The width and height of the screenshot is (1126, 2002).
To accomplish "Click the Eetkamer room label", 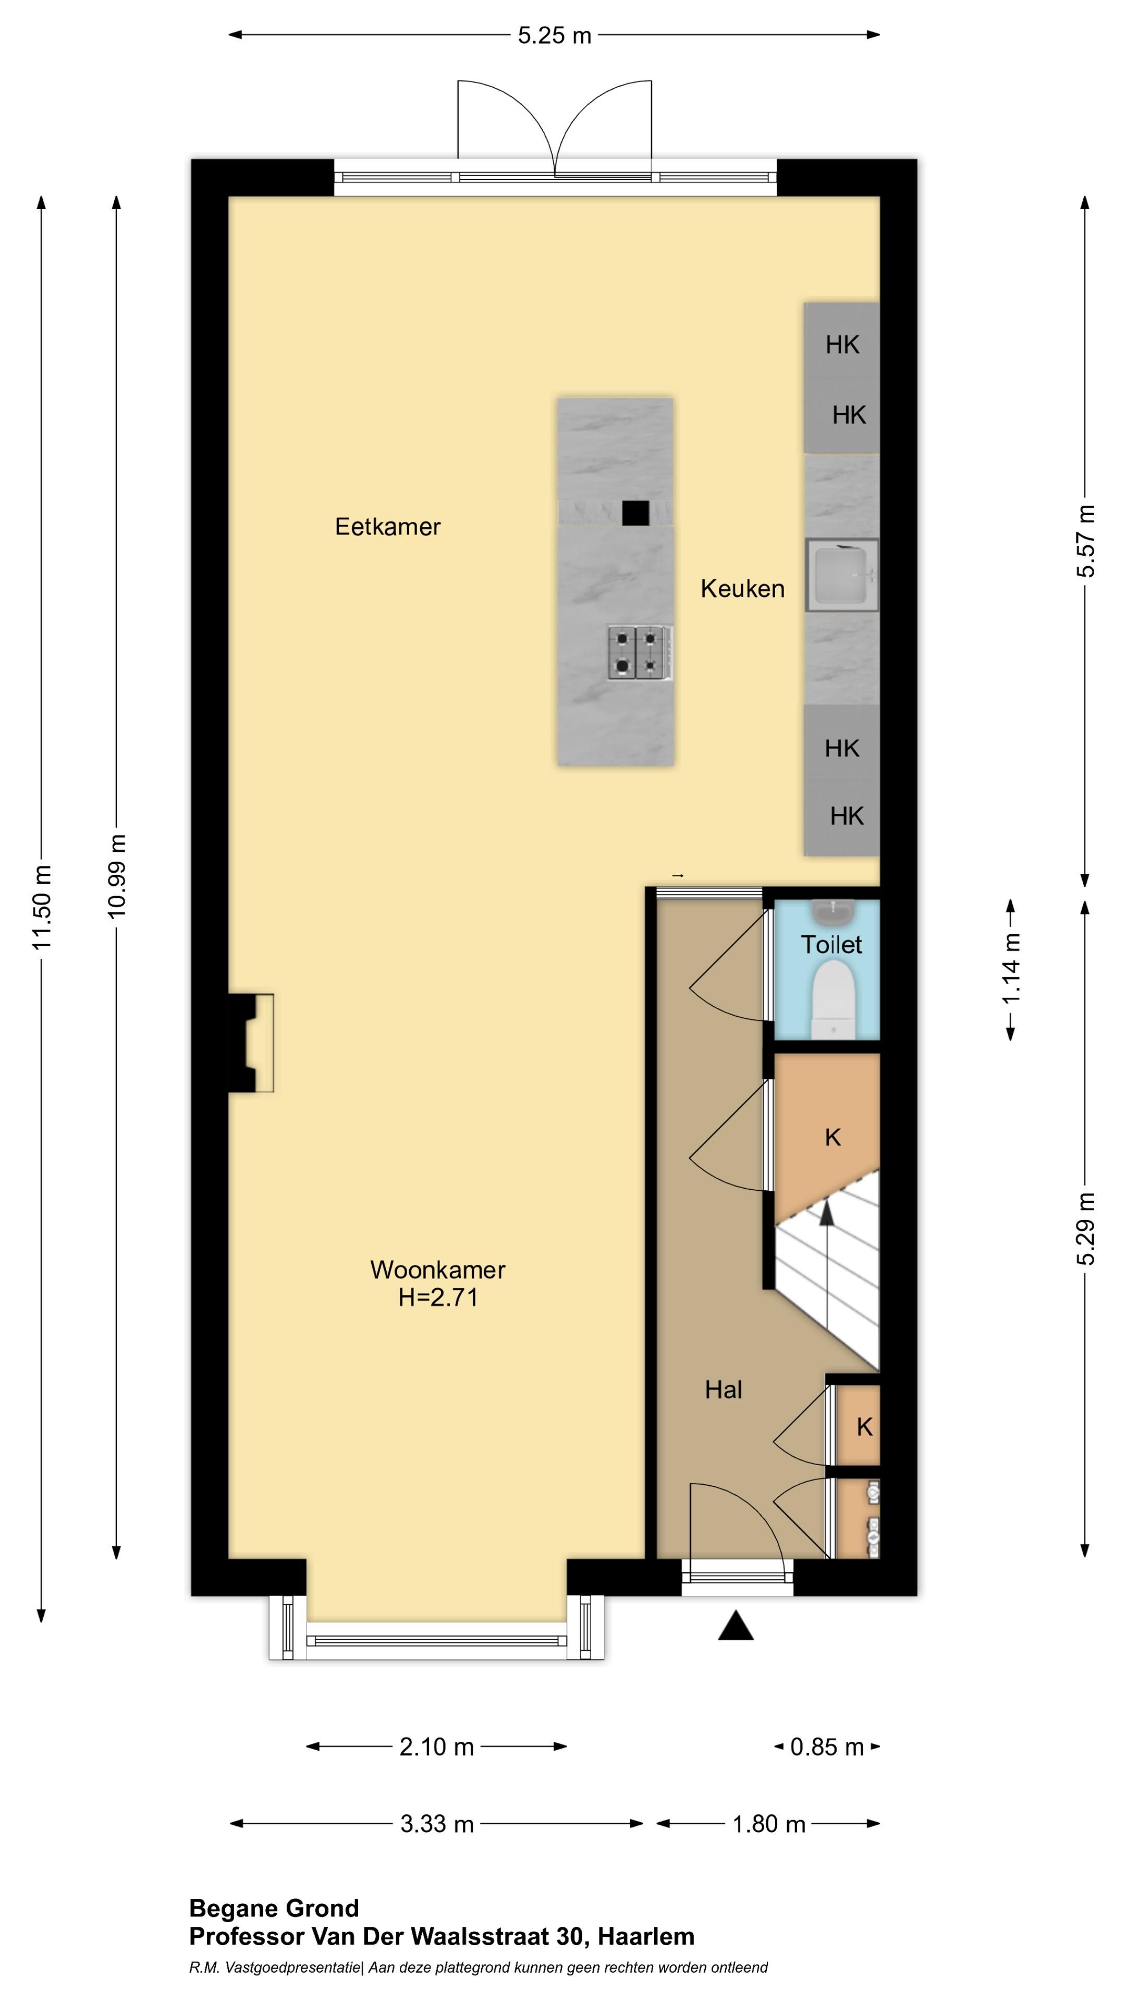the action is click(388, 527).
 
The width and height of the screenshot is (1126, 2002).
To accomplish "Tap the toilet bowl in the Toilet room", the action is click(833, 999).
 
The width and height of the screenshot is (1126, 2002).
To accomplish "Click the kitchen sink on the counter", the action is click(842, 575).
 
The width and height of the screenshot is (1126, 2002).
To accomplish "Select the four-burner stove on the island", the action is click(640, 653).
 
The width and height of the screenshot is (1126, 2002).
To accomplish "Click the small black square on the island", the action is click(635, 513).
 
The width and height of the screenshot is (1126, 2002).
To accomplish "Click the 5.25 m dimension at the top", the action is click(555, 36).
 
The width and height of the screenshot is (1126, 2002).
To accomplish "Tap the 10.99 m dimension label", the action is click(117, 876).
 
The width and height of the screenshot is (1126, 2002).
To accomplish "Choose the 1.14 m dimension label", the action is click(1011, 969).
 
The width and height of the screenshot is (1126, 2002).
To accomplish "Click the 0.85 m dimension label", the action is click(827, 1748).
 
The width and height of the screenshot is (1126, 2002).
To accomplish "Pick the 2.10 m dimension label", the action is click(437, 1748).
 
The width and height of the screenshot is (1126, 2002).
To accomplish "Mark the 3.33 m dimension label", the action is click(437, 1824).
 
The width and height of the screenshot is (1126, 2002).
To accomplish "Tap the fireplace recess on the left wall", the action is click(251, 1042).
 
